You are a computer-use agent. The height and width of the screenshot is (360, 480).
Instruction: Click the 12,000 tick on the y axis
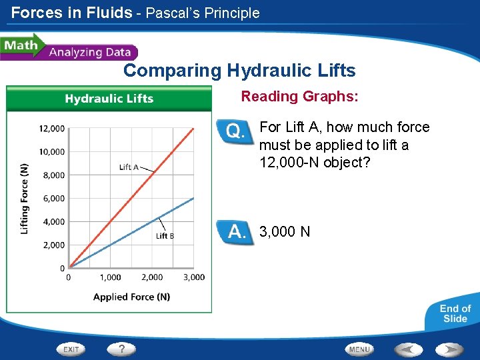point(51,129)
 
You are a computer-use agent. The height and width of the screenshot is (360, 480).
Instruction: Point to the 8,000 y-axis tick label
point(53,175)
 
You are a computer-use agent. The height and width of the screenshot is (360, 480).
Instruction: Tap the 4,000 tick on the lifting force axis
point(53,222)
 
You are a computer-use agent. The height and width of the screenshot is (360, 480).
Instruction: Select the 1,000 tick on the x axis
point(110,277)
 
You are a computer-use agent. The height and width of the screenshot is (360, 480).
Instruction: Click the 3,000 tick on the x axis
point(194,277)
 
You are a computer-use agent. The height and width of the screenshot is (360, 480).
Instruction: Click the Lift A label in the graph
point(129,167)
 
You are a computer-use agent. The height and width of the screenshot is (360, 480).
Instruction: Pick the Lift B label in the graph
point(165,235)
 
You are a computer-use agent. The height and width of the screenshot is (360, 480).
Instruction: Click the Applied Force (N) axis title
point(131,297)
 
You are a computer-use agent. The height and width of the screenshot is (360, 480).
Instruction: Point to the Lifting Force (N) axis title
point(25,199)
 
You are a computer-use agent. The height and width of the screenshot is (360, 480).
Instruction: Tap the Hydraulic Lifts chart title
point(109,99)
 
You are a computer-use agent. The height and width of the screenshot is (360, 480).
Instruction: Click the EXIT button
point(71,349)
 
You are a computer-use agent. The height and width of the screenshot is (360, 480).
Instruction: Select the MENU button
point(359,349)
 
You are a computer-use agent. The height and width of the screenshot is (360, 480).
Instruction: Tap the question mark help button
point(122,349)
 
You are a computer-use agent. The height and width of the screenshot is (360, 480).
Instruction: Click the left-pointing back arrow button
point(408,349)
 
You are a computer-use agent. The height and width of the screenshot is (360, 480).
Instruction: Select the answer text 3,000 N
point(285,232)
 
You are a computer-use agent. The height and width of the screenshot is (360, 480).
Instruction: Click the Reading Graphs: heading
point(299,97)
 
